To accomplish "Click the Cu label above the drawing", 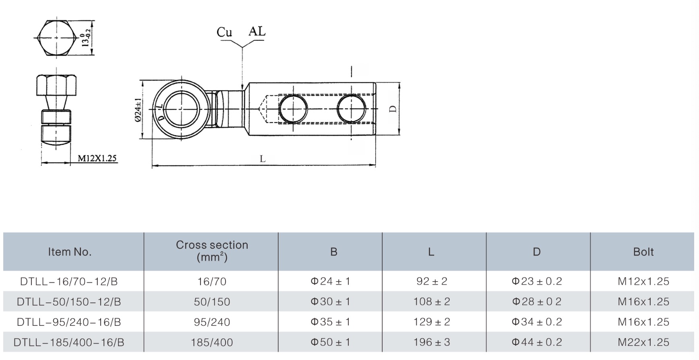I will click(x=224, y=32).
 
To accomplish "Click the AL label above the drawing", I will click(x=257, y=31).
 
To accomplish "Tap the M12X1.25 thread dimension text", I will click(x=97, y=158).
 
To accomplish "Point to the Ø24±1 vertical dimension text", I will click(x=138, y=110).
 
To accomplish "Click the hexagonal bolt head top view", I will click(x=56, y=38).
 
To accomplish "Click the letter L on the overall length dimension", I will click(x=263, y=159).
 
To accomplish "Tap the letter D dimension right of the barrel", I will click(x=393, y=109).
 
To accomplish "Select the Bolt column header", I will click(x=643, y=252).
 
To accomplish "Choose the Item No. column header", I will click(x=70, y=252).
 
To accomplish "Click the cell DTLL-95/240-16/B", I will click(x=69, y=322).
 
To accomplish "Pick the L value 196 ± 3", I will click(x=432, y=342).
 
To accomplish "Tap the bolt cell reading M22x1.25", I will click(x=643, y=342).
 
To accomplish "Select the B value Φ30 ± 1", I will click(x=330, y=302).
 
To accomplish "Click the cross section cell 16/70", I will click(x=212, y=281).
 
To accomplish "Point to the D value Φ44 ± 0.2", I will click(x=536, y=342).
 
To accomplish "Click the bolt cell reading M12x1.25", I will click(x=643, y=281).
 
